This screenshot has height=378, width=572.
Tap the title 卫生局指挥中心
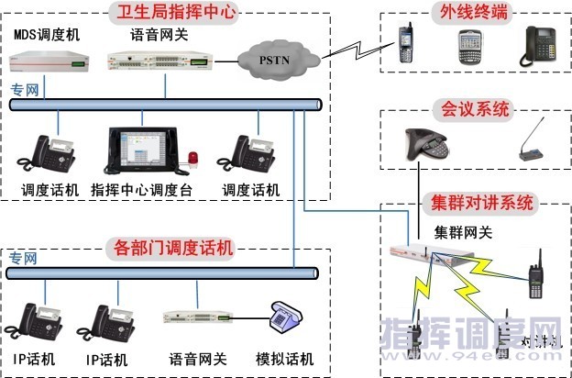tap(171, 12)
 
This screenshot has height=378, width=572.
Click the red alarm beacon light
tap(194, 160)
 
